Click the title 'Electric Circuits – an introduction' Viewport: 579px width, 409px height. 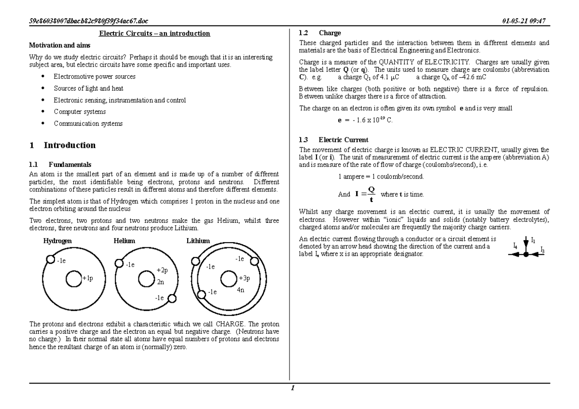pyautogui.click(x=154, y=33)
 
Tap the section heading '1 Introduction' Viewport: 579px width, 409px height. pyautogui.click(x=62, y=145)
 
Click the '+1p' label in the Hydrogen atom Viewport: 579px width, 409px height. pyautogui.click(x=87, y=278)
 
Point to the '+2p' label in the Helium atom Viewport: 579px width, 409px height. pyautogui.click(x=162, y=271)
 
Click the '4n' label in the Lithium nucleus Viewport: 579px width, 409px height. pyautogui.click(x=241, y=290)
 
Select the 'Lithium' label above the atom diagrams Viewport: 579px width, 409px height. pyautogui.click(x=198, y=241)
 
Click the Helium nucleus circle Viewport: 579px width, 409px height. pyautogui.click(x=146, y=279)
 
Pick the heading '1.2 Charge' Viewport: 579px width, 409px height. pyautogui.click(x=319, y=33)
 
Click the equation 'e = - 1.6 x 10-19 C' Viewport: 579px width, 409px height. pyautogui.click(x=365, y=120)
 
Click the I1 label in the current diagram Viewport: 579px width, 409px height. pyautogui.click(x=533, y=240)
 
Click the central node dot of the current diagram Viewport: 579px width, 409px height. pyautogui.click(x=526, y=255)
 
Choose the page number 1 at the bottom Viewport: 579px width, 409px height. pyautogui.click(x=292, y=388)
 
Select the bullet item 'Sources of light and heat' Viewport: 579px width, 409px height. pyautogui.click(x=88, y=88)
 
